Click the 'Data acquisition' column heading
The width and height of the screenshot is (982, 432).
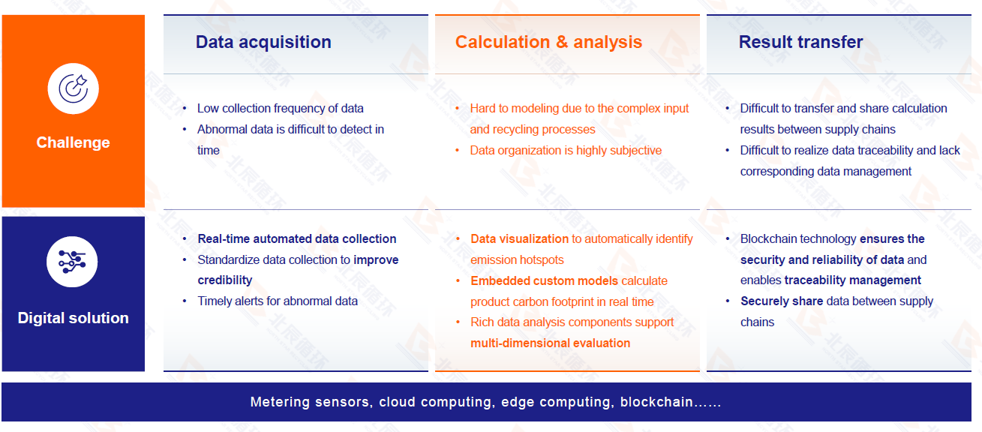pyautogui.click(x=263, y=42)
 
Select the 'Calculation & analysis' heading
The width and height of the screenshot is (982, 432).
pyautogui.click(x=548, y=42)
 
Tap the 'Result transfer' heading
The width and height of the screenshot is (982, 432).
pyautogui.click(x=800, y=42)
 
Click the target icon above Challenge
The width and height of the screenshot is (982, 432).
pyautogui.click(x=74, y=88)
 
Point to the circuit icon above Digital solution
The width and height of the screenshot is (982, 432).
pyautogui.click(x=72, y=262)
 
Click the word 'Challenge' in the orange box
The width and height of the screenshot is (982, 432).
pyautogui.click(x=74, y=142)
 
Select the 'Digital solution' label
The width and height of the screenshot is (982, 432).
pyautogui.click(x=74, y=318)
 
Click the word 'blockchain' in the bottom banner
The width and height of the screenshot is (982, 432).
pyautogui.click(x=656, y=402)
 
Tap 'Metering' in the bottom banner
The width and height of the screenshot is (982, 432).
pyautogui.click(x=280, y=402)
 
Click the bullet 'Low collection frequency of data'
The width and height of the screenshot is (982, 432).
pyautogui.click(x=280, y=108)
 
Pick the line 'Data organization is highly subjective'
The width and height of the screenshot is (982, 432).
pyautogui.click(x=566, y=150)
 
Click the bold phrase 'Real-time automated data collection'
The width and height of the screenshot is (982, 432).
pyautogui.click(x=297, y=238)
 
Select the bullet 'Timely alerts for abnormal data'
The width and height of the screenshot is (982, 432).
pyautogui.click(x=278, y=301)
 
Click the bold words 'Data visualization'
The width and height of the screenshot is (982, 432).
pyautogui.click(x=519, y=238)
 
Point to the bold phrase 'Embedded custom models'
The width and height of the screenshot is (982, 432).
pyautogui.click(x=544, y=280)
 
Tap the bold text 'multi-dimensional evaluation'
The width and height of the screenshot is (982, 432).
pyautogui.click(x=550, y=343)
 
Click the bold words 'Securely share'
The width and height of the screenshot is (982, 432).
pyautogui.click(x=782, y=301)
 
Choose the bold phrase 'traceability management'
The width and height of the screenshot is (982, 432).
pyautogui.click(x=853, y=280)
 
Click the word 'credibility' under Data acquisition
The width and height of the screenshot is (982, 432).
pyautogui.click(x=225, y=280)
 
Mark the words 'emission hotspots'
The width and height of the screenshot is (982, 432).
pyautogui.click(x=517, y=259)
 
